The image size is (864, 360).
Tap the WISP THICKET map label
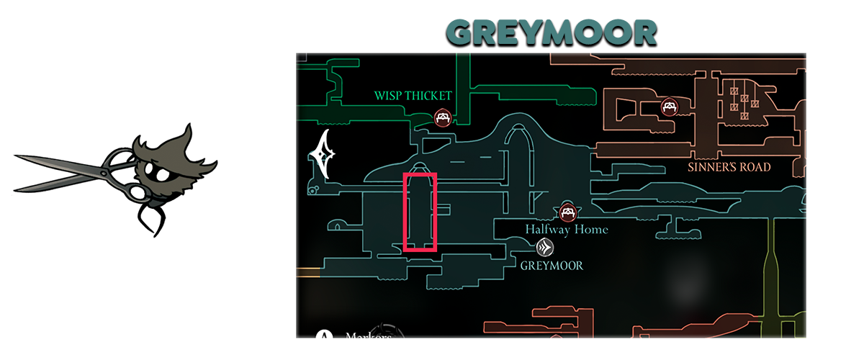coord(413,96)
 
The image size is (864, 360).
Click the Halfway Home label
coord(566,230)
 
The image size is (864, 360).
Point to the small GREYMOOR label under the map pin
coord(551,266)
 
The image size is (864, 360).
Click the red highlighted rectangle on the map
coord(420,212)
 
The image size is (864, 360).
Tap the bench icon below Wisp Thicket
coord(443,117)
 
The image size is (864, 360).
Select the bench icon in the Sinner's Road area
coord(669,107)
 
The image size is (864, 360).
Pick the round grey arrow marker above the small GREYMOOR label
coord(545,248)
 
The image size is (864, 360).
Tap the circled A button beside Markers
coord(325,336)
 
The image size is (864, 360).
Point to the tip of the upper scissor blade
coord(14,155)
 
